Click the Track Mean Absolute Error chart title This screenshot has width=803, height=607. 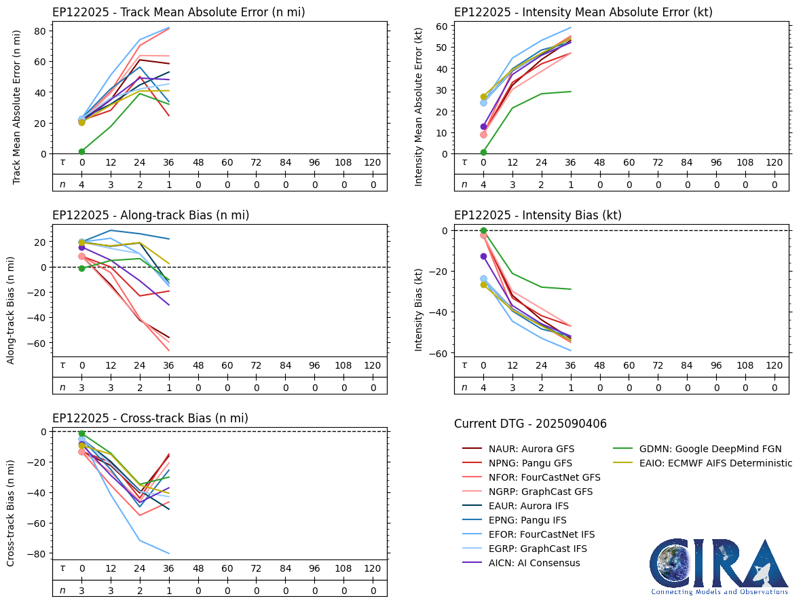[179, 12]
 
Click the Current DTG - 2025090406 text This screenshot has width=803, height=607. [530, 424]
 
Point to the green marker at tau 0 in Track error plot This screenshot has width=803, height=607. [81, 151]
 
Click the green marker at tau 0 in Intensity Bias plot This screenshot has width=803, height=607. [483, 231]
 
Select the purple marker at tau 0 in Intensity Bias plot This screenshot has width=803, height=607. [483, 256]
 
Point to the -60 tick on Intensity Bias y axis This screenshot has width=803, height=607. [439, 353]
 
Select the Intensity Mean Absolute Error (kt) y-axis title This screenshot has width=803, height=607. [419, 107]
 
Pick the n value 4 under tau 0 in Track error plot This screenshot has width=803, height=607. [81, 184]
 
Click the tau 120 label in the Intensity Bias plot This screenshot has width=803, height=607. [774, 365]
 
